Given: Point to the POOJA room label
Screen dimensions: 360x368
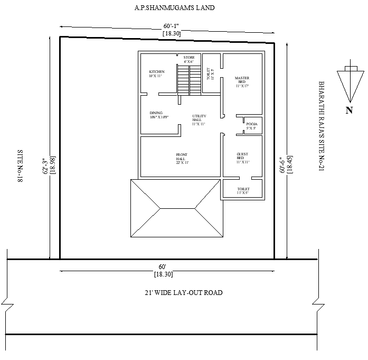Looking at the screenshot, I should (251, 126).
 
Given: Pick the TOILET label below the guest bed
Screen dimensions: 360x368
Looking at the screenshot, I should (243, 191).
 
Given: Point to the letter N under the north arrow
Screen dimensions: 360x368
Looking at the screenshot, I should (348, 110).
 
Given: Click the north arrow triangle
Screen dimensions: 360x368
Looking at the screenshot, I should (349, 85).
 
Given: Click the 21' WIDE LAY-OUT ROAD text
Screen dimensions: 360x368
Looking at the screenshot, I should (183, 292).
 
